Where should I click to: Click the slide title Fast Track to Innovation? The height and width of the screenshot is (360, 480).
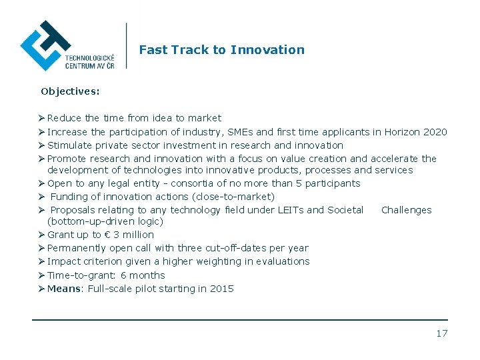pyautogui.click(x=221, y=50)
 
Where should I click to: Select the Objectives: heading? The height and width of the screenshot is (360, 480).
pyautogui.click(x=70, y=91)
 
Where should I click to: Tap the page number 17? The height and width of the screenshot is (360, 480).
pyautogui.click(x=442, y=333)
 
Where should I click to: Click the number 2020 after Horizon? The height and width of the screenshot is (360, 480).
pyautogui.click(x=435, y=132)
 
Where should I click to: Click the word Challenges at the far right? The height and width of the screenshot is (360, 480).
pyautogui.click(x=406, y=210)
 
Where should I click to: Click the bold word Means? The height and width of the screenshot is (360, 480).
pyautogui.click(x=64, y=289)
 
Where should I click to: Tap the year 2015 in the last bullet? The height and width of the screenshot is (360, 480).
pyautogui.click(x=222, y=289)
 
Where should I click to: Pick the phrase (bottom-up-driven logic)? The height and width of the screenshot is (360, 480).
pyautogui.click(x=105, y=221)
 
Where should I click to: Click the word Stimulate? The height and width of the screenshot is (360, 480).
pyautogui.click(x=69, y=145)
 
